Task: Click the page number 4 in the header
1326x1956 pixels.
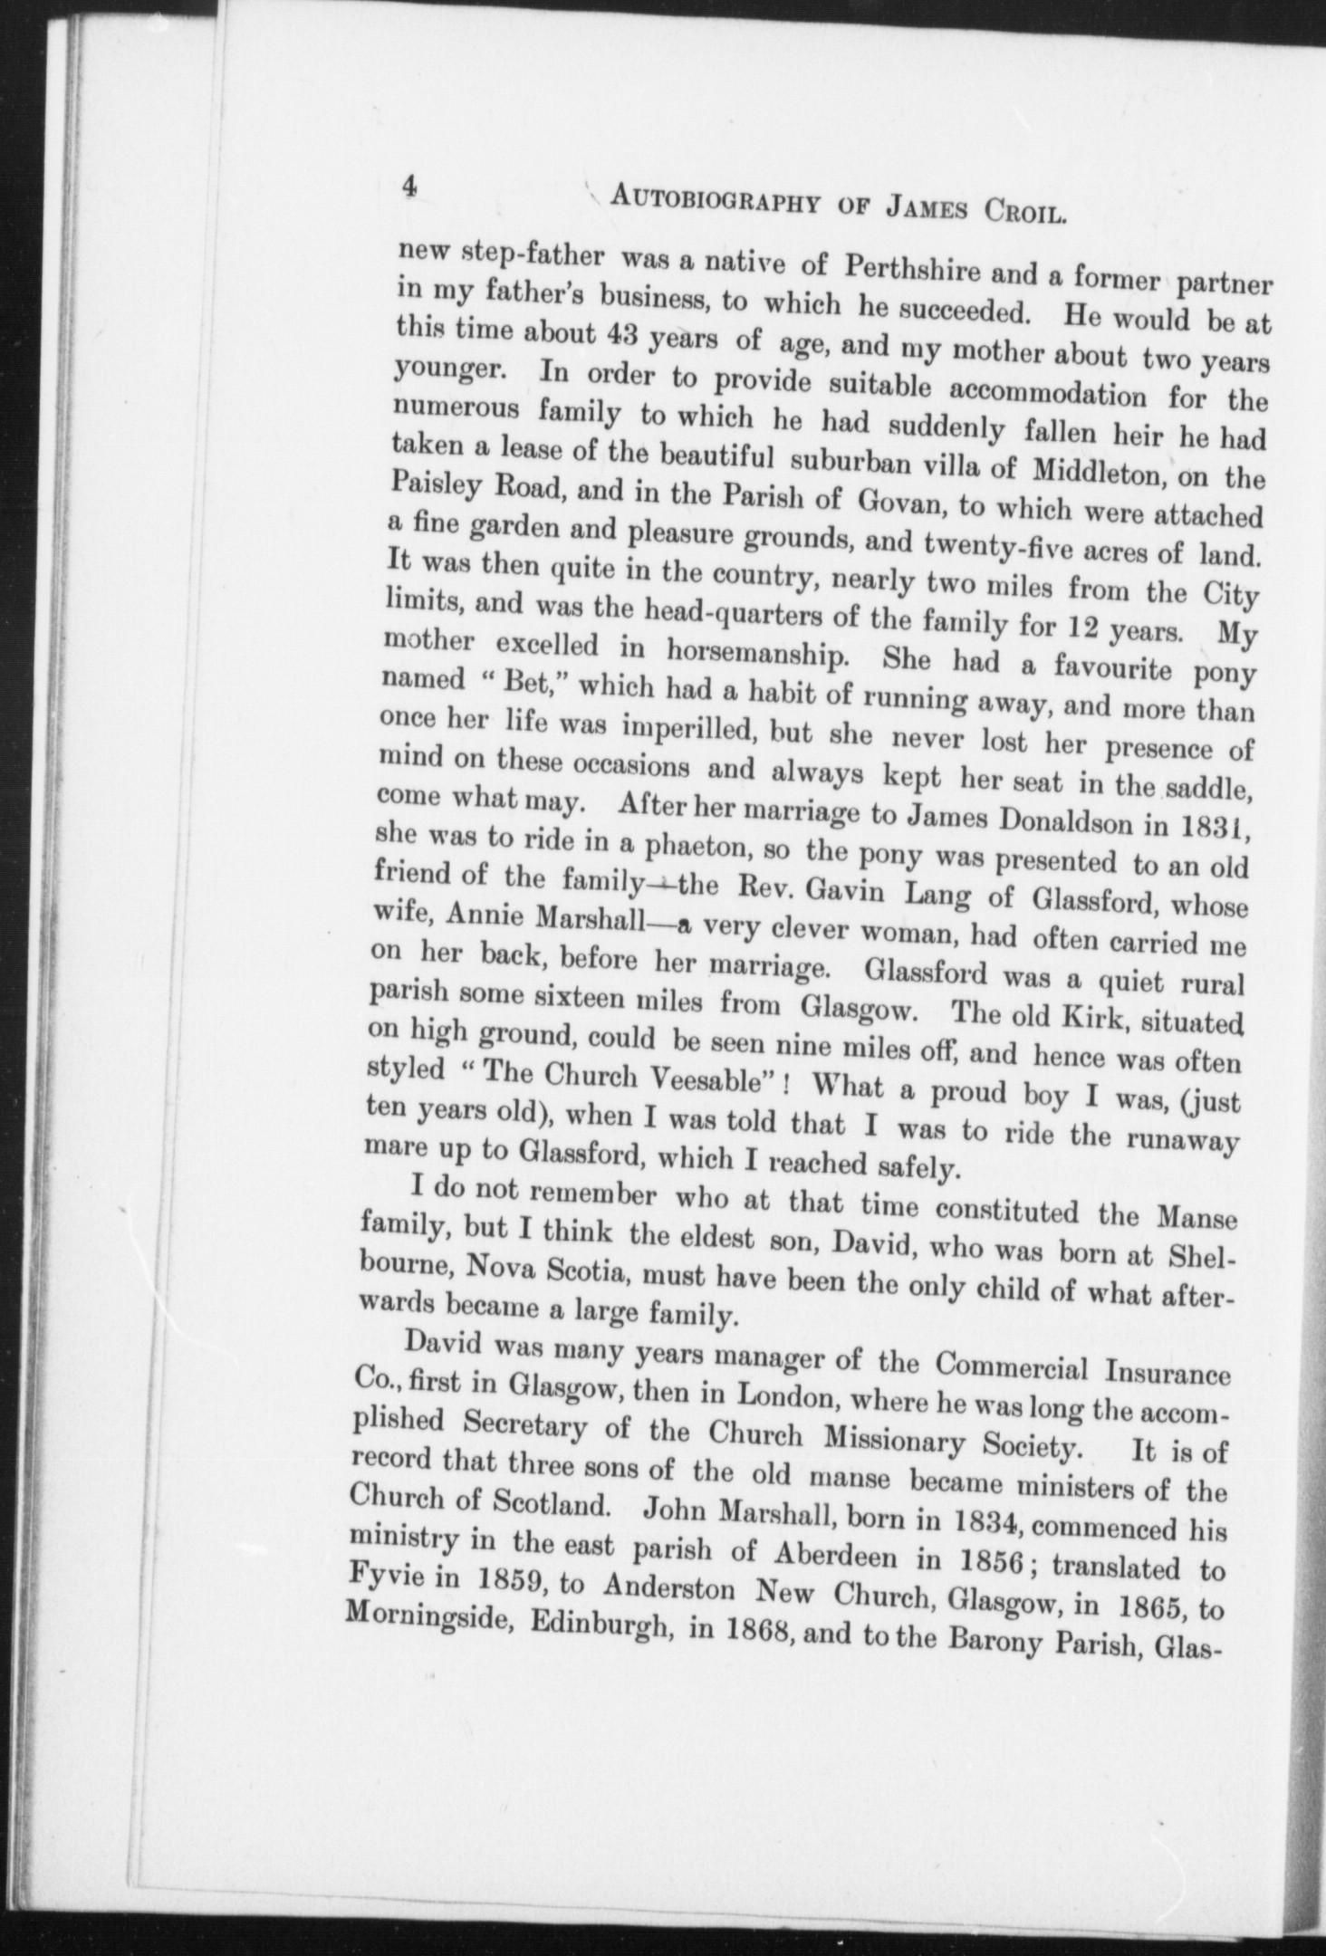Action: click(409, 187)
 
